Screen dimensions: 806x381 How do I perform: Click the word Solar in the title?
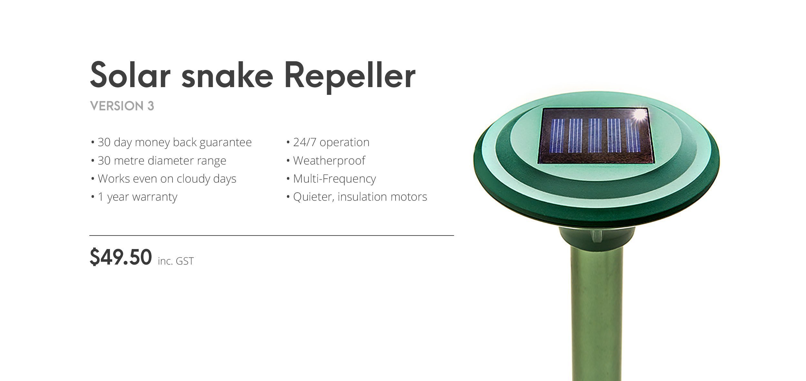coord(130,75)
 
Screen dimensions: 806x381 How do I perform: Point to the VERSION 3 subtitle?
coord(122,106)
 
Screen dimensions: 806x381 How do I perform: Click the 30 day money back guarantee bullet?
coord(171,142)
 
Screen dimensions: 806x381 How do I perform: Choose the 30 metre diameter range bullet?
coord(159,160)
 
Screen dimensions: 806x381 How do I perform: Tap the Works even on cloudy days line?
coord(163,178)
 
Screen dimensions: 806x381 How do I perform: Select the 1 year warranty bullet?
coord(134,197)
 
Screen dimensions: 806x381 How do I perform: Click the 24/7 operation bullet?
coord(328,142)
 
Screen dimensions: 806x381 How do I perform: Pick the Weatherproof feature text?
coord(326,160)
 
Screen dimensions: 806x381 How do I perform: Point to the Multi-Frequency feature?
coord(331,178)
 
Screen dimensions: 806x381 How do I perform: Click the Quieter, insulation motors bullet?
coord(357,197)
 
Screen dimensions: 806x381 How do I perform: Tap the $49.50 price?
coord(121,257)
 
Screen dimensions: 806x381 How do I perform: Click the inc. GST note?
coord(176,261)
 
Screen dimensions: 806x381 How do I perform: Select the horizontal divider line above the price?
coord(271,236)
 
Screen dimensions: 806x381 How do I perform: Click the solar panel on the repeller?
coord(596,135)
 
